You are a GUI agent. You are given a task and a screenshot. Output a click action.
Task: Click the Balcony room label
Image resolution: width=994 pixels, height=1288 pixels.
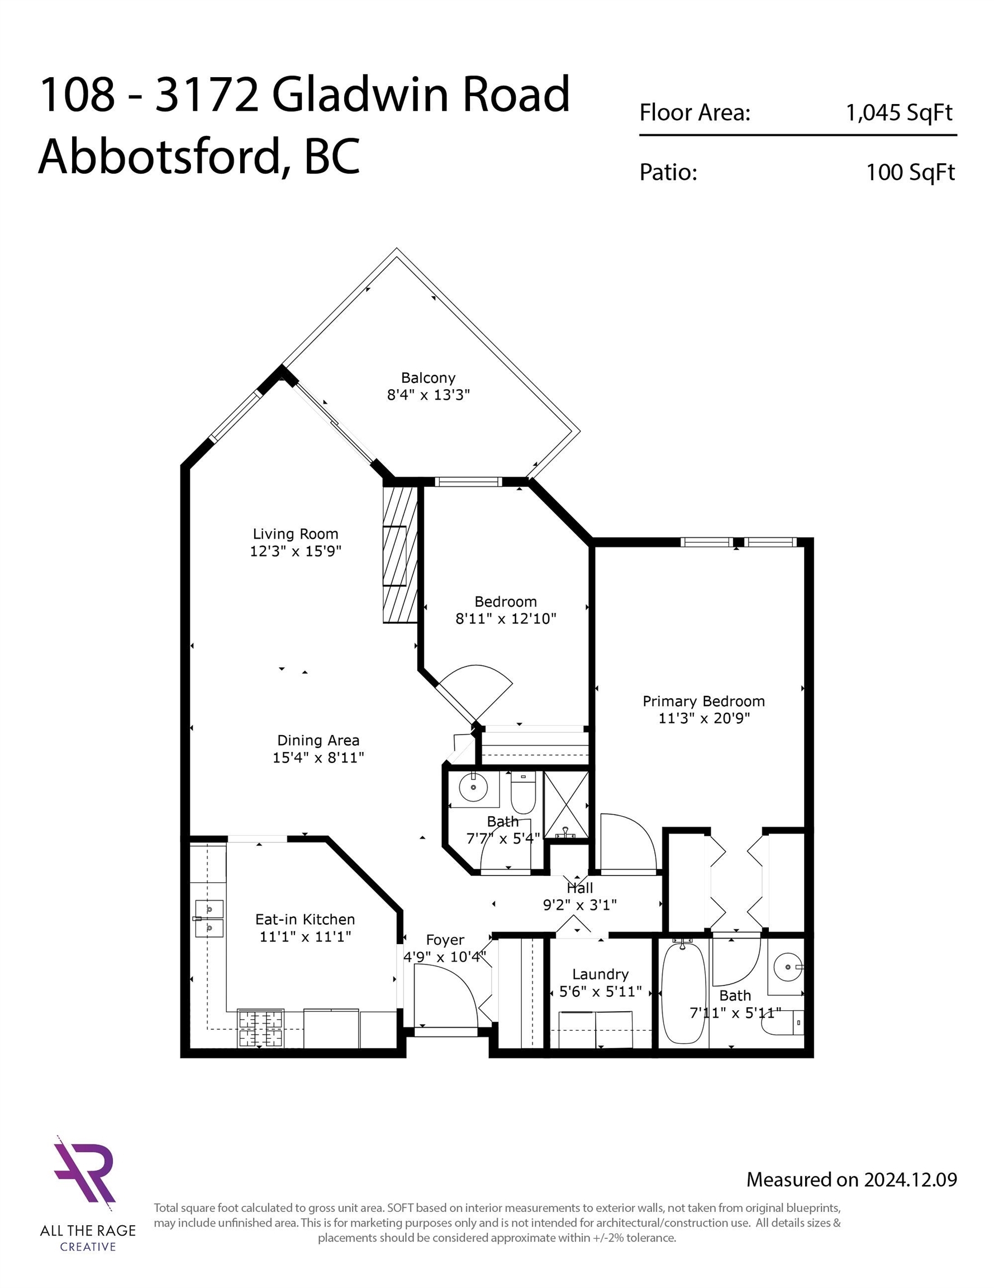[x=428, y=378]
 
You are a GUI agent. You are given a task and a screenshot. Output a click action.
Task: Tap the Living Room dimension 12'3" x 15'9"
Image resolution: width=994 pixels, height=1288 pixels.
[x=296, y=551]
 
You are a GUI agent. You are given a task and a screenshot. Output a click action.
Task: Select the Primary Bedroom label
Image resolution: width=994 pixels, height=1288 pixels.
[x=703, y=701]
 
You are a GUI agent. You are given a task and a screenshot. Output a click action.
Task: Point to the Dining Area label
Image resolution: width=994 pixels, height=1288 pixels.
[x=318, y=740]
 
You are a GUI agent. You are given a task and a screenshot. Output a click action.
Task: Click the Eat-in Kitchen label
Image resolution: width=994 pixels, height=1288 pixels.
[x=305, y=920]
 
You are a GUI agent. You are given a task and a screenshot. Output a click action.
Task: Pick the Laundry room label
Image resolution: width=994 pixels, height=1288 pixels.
[x=600, y=974]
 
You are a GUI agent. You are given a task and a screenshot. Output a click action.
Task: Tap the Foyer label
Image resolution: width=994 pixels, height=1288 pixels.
[x=445, y=940]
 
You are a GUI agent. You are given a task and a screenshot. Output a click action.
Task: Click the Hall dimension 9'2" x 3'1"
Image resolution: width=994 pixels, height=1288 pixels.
[x=579, y=905]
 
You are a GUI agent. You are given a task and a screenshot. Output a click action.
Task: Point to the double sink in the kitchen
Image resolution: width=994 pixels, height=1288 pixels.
[x=209, y=918]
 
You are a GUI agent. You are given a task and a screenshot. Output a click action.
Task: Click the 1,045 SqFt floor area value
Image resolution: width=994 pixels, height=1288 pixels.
[x=899, y=112]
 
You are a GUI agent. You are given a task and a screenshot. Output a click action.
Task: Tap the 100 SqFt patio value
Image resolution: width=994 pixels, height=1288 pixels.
[x=910, y=172]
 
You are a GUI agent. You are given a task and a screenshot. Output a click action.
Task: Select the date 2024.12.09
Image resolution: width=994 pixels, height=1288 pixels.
[x=910, y=1179]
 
